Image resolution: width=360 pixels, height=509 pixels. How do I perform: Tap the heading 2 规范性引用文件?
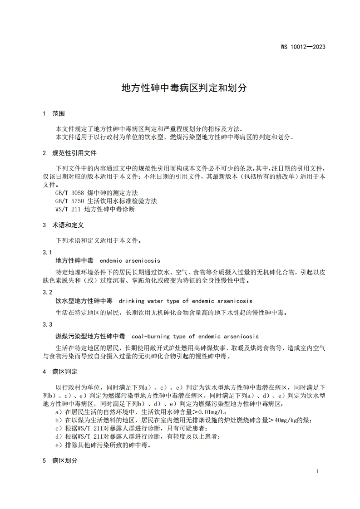(69, 153)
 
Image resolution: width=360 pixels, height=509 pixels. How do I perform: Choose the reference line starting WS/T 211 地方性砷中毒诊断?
(95, 210)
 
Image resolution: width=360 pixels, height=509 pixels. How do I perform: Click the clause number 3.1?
(47, 252)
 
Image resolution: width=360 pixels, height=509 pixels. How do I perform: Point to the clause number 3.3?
(47, 324)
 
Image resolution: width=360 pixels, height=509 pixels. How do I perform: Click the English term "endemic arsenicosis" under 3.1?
(130, 261)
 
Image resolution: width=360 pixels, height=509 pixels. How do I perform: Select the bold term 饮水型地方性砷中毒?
(84, 301)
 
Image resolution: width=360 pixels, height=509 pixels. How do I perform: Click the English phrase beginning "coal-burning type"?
(195, 337)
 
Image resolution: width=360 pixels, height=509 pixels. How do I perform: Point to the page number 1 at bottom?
(317, 471)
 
